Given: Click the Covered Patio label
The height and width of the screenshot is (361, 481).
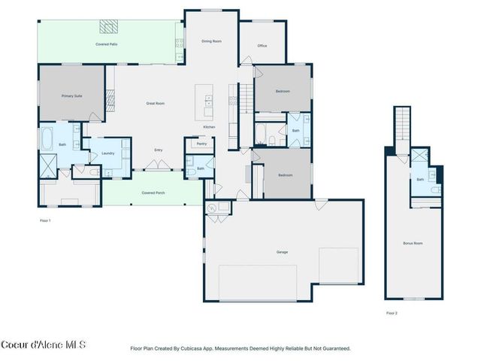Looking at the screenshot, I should [x=106, y=44].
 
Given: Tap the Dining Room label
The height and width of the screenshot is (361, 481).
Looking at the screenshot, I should [x=211, y=41].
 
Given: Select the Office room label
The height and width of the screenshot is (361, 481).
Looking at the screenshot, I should [x=262, y=46].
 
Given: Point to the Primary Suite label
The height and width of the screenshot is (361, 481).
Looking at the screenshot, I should [x=71, y=96].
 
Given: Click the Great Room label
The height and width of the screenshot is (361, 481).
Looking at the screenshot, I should [x=156, y=102].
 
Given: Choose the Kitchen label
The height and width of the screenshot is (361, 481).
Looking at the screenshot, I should [x=209, y=126].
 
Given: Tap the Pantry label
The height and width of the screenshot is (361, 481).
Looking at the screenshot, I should [x=201, y=143].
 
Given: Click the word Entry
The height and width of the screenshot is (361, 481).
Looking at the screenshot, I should [x=159, y=150].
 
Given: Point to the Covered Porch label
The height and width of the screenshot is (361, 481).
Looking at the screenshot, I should [x=153, y=193].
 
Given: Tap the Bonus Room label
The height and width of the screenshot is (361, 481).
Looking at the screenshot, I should [x=413, y=243].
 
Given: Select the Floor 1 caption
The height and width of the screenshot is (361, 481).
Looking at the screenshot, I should [x=46, y=220].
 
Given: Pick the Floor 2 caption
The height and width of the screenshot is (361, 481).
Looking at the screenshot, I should [x=392, y=312].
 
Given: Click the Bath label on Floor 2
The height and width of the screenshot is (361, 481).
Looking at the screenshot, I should [x=420, y=179].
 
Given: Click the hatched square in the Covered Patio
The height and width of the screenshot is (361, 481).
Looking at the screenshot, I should [x=110, y=27].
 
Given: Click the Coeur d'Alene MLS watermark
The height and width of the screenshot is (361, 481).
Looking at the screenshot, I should [x=43, y=345].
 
